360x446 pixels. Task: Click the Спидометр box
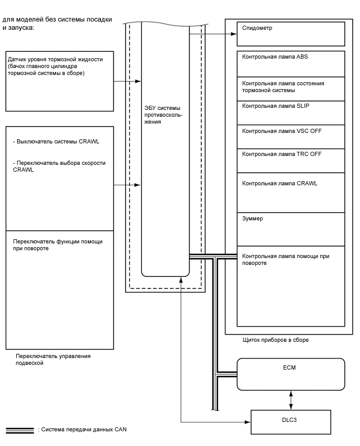291,34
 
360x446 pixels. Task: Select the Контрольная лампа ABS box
291,64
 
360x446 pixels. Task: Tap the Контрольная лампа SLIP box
291,113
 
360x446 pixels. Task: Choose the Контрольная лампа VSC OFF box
291,137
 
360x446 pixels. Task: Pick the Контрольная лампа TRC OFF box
291,161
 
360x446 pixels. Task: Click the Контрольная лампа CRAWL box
291,192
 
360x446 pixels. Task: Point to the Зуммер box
291,228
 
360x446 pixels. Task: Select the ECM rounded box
291,374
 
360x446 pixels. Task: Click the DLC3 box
291,421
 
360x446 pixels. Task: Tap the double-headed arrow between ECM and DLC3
291,400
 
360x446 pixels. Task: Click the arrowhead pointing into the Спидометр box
234,35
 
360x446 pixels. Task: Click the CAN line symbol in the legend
19,430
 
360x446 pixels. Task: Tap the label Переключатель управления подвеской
52,359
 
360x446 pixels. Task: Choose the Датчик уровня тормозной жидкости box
59,81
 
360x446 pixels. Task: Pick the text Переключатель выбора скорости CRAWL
59,166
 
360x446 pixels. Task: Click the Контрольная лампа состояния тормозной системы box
291,88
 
